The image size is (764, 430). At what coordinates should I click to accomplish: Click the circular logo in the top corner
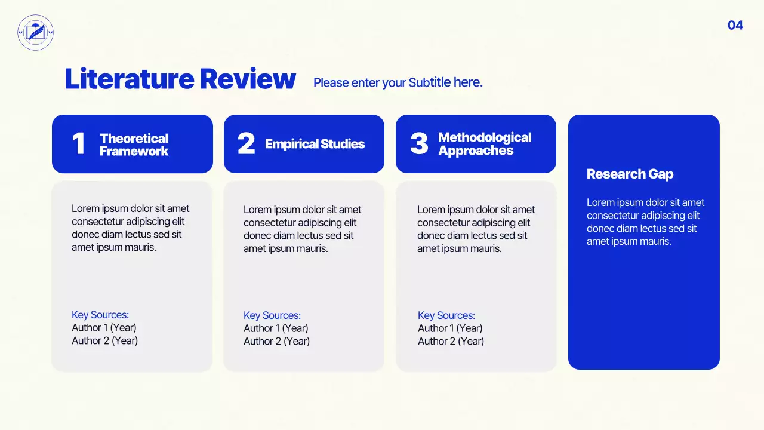pyautogui.click(x=36, y=32)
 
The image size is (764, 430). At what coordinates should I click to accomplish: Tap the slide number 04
pyautogui.click(x=735, y=25)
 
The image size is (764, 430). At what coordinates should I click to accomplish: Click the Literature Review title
pyautogui.click(x=180, y=79)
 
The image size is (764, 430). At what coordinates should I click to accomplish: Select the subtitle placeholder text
pyautogui.click(x=398, y=82)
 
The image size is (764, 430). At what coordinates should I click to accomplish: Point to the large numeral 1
pyautogui.click(x=78, y=144)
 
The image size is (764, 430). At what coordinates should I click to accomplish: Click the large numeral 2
pyautogui.click(x=246, y=144)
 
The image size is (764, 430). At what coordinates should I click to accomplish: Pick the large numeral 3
pyautogui.click(x=419, y=144)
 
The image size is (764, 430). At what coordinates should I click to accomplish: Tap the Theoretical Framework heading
pyautogui.click(x=134, y=145)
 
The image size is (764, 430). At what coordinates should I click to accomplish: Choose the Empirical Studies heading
pyautogui.click(x=315, y=144)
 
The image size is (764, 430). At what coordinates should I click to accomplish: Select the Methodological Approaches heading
pyautogui.click(x=484, y=144)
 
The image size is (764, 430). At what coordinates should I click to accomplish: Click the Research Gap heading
pyautogui.click(x=630, y=174)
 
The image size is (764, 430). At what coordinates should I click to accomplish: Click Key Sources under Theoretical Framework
pyautogui.click(x=100, y=315)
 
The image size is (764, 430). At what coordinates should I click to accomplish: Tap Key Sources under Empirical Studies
pyautogui.click(x=272, y=315)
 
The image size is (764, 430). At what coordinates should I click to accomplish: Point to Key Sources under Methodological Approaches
pyautogui.click(x=446, y=315)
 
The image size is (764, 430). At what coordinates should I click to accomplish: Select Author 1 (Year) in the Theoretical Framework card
pyautogui.click(x=104, y=328)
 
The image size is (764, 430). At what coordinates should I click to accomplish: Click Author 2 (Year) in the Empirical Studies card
pyautogui.click(x=276, y=341)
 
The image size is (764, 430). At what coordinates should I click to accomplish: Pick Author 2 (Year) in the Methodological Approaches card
pyautogui.click(x=451, y=341)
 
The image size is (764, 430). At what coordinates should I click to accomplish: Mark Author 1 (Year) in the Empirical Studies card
pyautogui.click(x=276, y=328)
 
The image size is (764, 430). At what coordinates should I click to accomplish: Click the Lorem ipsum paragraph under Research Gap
pyautogui.click(x=645, y=222)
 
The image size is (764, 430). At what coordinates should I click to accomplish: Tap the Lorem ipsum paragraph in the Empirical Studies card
pyautogui.click(x=302, y=229)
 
